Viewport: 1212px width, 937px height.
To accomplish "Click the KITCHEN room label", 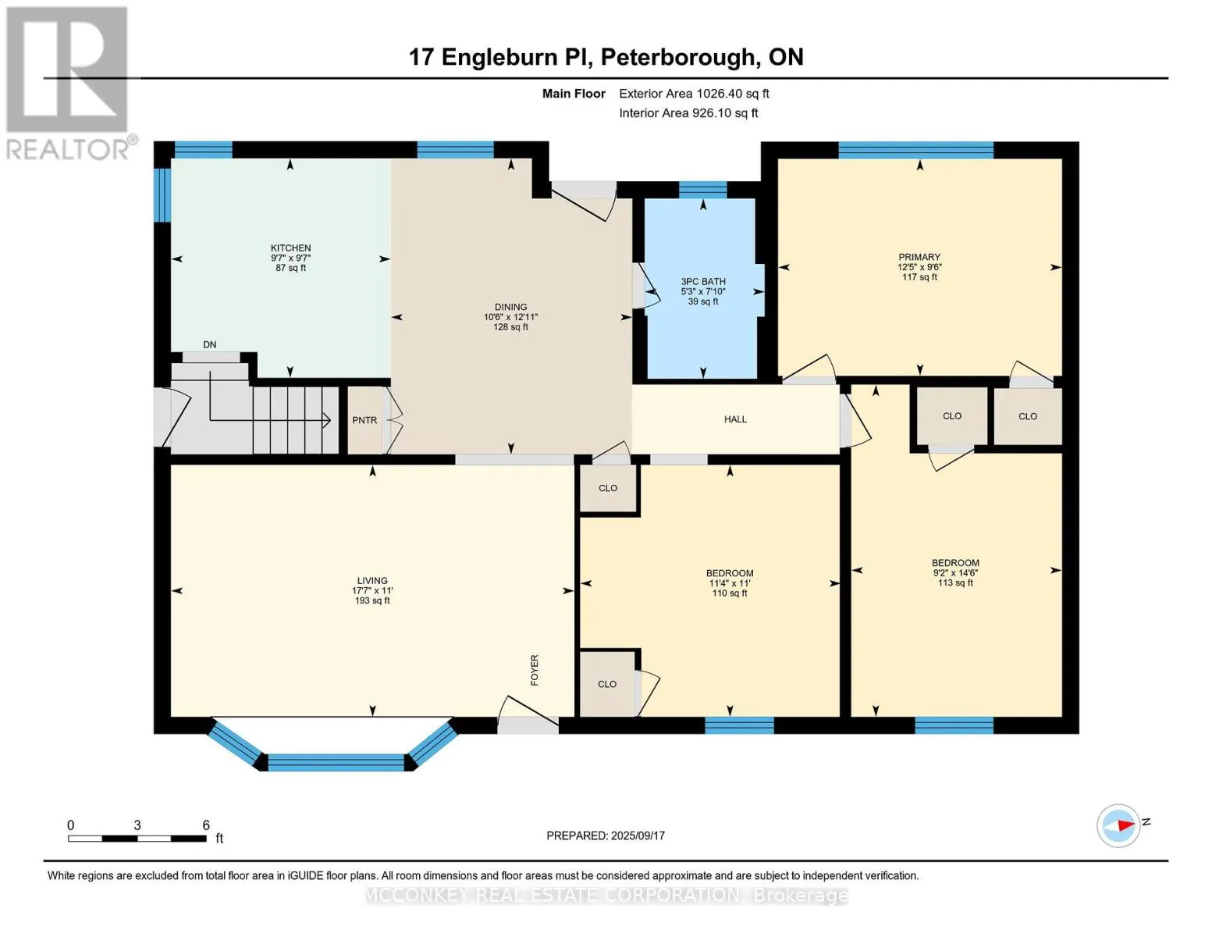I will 290,248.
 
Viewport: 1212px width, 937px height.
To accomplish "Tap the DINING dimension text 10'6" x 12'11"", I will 510,317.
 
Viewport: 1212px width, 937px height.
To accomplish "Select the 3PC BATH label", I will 702,281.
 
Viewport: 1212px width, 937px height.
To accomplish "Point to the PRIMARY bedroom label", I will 919,257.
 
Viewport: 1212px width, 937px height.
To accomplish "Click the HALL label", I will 735,419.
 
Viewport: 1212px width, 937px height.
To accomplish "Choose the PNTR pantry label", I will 364,420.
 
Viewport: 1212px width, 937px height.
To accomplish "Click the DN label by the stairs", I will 209,344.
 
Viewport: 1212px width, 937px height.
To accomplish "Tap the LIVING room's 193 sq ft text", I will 372,600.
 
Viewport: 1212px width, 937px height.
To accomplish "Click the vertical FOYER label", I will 535,670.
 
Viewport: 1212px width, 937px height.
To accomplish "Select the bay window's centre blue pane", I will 336,762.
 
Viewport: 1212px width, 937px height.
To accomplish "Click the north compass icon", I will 1118,825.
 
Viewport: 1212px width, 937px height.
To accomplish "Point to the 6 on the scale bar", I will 206,825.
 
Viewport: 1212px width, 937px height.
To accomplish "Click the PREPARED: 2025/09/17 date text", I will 606,835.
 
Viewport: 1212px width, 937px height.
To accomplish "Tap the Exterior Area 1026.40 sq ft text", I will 694,94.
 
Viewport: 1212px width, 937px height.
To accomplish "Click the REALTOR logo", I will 69,82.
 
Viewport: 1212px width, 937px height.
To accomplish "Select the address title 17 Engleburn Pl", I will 499,57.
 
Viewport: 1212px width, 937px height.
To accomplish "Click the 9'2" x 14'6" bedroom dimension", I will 955,572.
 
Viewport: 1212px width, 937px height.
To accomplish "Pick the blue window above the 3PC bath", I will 702,189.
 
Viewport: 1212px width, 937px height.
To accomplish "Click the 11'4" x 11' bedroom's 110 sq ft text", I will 730,593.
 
